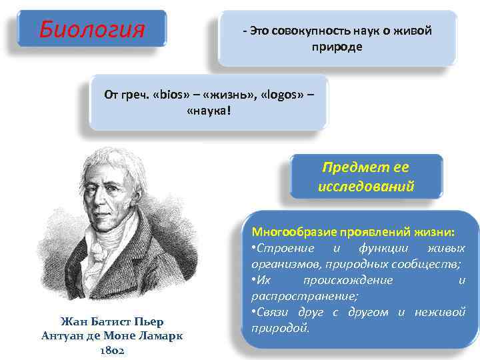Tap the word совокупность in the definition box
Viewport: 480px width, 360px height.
[297, 31]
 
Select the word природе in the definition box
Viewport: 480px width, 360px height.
[337, 47]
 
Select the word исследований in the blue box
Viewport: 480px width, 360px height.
[366, 186]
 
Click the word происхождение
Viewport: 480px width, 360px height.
[348, 281]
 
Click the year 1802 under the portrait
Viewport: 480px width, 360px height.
[112, 349]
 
